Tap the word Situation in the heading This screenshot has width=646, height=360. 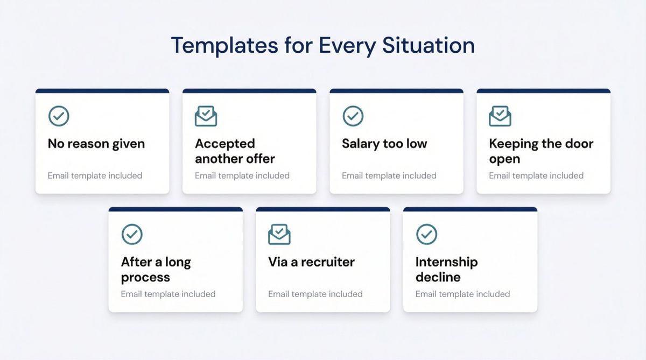429,45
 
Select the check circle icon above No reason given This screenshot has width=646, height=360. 59,116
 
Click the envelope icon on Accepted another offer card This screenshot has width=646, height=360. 206,116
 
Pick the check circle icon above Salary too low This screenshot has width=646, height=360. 353,116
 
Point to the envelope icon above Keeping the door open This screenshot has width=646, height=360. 500,116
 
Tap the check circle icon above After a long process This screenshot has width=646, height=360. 132,234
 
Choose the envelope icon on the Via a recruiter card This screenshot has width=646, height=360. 279,234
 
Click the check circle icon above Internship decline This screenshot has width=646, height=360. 426,234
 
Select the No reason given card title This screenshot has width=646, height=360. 96,144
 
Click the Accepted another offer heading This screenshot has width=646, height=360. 235,151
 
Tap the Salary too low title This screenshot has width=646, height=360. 384,144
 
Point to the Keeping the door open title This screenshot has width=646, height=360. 541,151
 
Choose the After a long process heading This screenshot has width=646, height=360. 156,270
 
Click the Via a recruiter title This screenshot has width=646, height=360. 311,262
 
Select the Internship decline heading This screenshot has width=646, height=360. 446,270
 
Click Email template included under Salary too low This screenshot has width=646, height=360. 389,175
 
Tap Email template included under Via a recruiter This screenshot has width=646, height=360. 315,294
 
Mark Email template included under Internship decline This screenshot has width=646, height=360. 462,294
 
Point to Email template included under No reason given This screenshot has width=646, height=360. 95,175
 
